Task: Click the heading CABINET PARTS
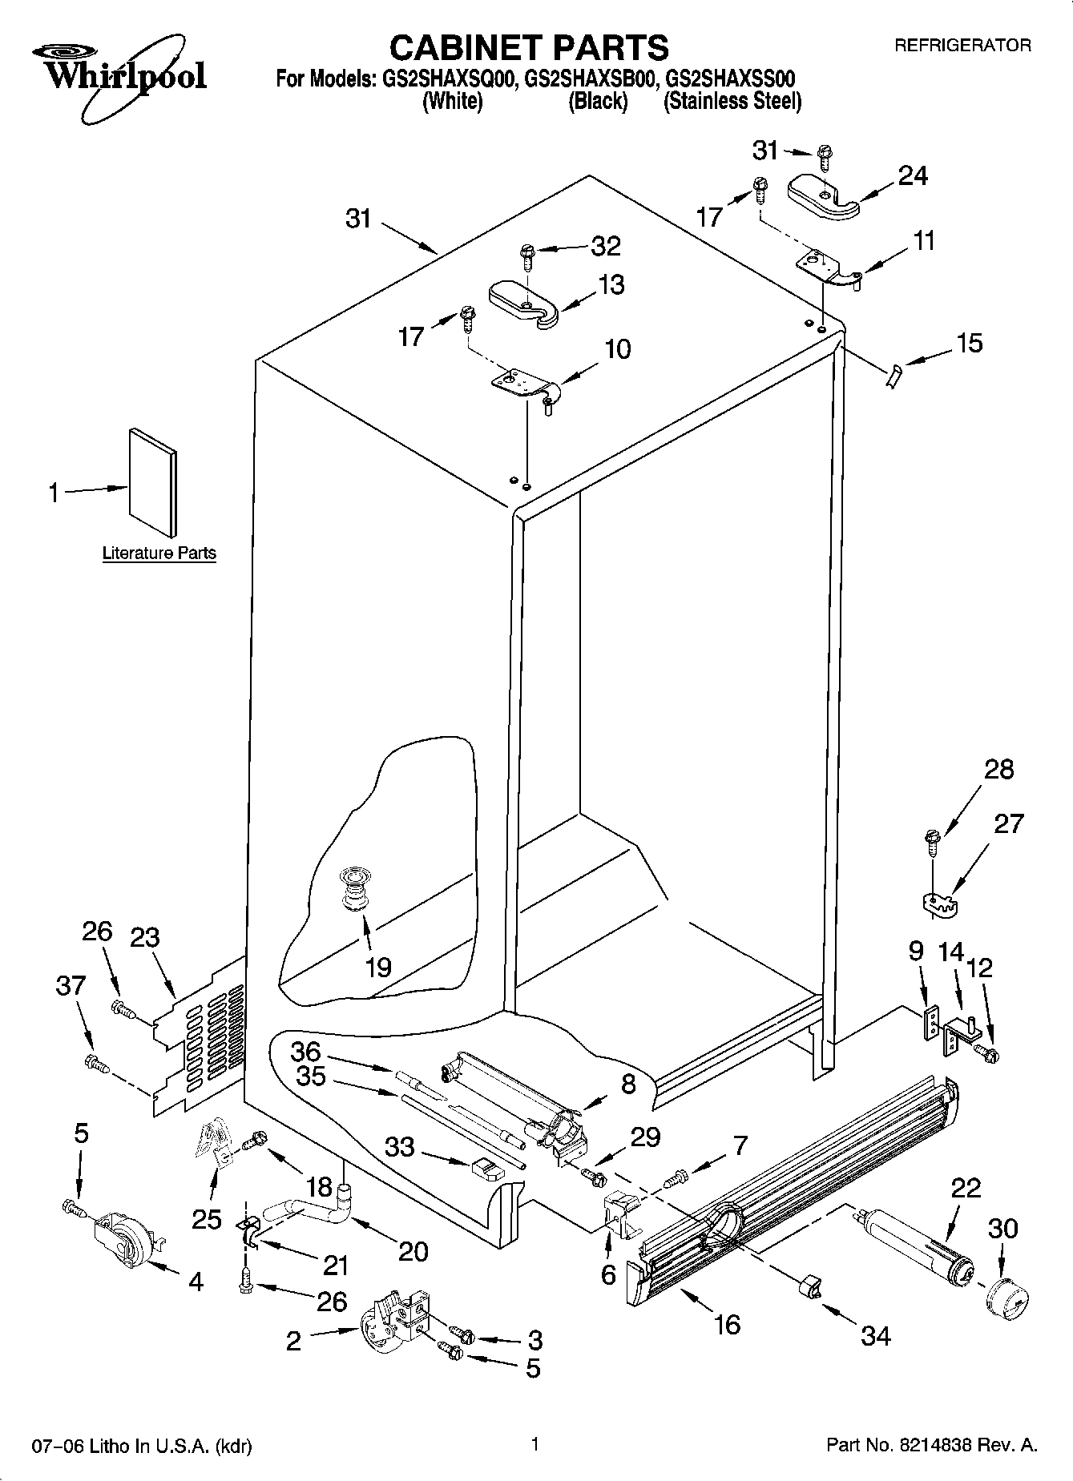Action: click(529, 48)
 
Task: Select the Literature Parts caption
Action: click(159, 553)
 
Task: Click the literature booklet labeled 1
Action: click(152, 482)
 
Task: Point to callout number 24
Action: click(913, 175)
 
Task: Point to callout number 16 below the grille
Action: click(727, 1324)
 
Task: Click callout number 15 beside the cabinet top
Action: click(969, 343)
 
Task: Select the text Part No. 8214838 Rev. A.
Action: click(932, 1446)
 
